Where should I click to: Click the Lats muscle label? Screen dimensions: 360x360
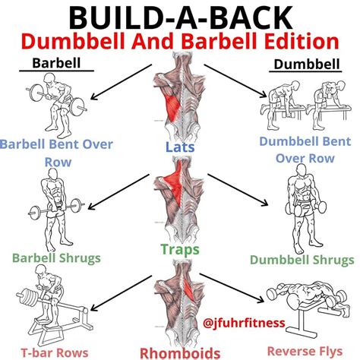180,150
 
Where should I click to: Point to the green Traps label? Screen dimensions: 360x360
180,248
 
